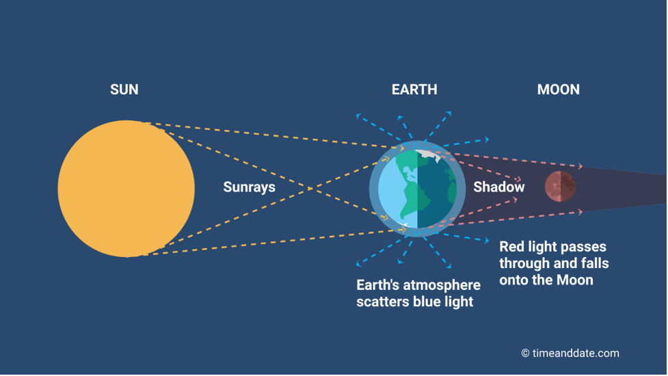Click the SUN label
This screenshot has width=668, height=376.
124,90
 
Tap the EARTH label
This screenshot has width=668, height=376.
414,90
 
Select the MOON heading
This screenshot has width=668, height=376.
558,90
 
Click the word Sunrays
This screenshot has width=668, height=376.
250,187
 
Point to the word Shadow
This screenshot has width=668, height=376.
499,187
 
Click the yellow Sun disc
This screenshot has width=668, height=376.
126,189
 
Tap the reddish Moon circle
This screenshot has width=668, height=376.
560,186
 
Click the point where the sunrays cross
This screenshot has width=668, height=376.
310,188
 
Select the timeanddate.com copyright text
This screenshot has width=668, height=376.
570,353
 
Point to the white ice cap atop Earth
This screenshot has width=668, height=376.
428,155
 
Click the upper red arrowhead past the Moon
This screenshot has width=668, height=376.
580,166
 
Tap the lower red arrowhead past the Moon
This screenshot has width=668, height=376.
580,212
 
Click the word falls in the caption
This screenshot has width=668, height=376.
596,263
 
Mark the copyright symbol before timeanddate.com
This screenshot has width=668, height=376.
526,353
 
